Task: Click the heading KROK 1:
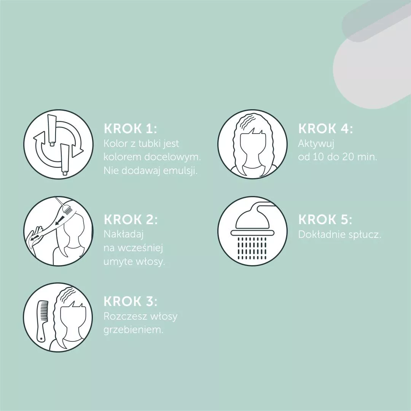coord(130,129)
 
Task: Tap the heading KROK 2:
coord(131,219)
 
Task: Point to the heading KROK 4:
coord(325,129)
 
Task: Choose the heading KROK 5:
coord(325,219)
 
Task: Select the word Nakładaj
coord(123,234)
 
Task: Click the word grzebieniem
coord(134,330)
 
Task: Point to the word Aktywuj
coord(316,143)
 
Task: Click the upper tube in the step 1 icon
coord(52,130)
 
